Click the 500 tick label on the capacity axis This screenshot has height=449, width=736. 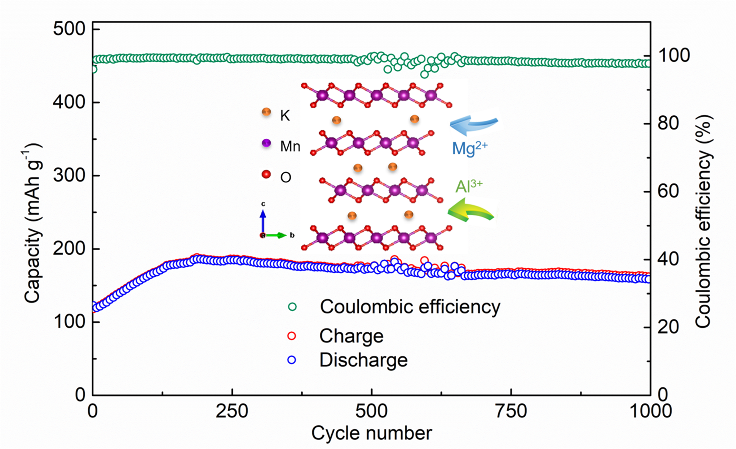69,30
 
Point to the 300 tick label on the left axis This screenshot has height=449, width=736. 69,176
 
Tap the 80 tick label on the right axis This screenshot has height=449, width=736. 668,124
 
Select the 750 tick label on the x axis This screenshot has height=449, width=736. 511,411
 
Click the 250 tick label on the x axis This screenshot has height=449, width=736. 232,411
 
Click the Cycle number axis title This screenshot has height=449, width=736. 371,433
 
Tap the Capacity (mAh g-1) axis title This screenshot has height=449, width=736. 33,223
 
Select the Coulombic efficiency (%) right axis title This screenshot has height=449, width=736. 704,223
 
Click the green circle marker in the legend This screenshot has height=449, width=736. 292,307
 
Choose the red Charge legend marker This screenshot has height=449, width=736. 292,336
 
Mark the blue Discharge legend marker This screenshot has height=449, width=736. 292,360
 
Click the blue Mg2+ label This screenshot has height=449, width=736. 469,149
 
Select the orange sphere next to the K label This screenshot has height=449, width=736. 266,112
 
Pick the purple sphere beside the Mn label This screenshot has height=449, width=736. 266,143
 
